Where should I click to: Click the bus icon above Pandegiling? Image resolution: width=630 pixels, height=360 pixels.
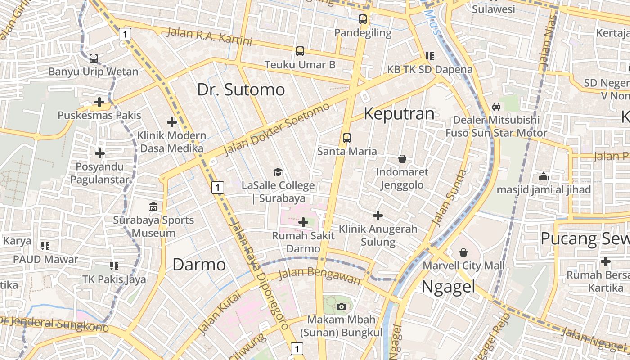[x=363, y=19]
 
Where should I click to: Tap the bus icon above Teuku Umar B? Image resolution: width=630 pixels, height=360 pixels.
[x=300, y=51]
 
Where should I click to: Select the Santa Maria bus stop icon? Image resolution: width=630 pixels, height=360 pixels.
[x=346, y=138]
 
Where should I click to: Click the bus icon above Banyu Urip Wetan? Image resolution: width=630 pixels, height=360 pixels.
[x=94, y=58]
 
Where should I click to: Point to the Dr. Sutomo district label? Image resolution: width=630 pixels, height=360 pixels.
[x=241, y=90]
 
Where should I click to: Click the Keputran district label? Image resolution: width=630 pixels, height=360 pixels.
[x=399, y=113]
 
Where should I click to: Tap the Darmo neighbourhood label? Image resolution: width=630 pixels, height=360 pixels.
[x=199, y=265]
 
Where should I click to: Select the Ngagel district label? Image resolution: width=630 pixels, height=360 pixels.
[x=448, y=286]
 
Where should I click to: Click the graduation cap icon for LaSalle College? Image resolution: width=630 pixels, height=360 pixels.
[x=278, y=172]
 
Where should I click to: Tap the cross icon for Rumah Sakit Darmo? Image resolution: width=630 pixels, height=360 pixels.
[x=303, y=222]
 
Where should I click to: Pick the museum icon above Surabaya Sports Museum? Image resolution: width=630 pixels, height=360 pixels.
[x=153, y=207]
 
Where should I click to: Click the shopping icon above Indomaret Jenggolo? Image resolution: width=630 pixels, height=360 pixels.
[x=402, y=159]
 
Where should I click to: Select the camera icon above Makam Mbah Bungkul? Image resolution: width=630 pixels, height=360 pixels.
[x=341, y=307]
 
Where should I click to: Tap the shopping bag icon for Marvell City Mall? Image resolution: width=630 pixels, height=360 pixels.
[x=463, y=252]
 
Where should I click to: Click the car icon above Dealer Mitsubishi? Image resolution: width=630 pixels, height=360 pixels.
[x=496, y=107]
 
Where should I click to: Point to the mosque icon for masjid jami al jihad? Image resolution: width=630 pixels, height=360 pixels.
[x=544, y=176]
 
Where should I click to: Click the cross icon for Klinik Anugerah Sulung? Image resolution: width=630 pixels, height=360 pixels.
[x=378, y=216]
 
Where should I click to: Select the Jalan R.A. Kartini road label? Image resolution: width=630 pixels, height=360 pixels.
[x=209, y=36]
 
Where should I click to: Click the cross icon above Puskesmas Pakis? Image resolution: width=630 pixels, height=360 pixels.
[x=99, y=102]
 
